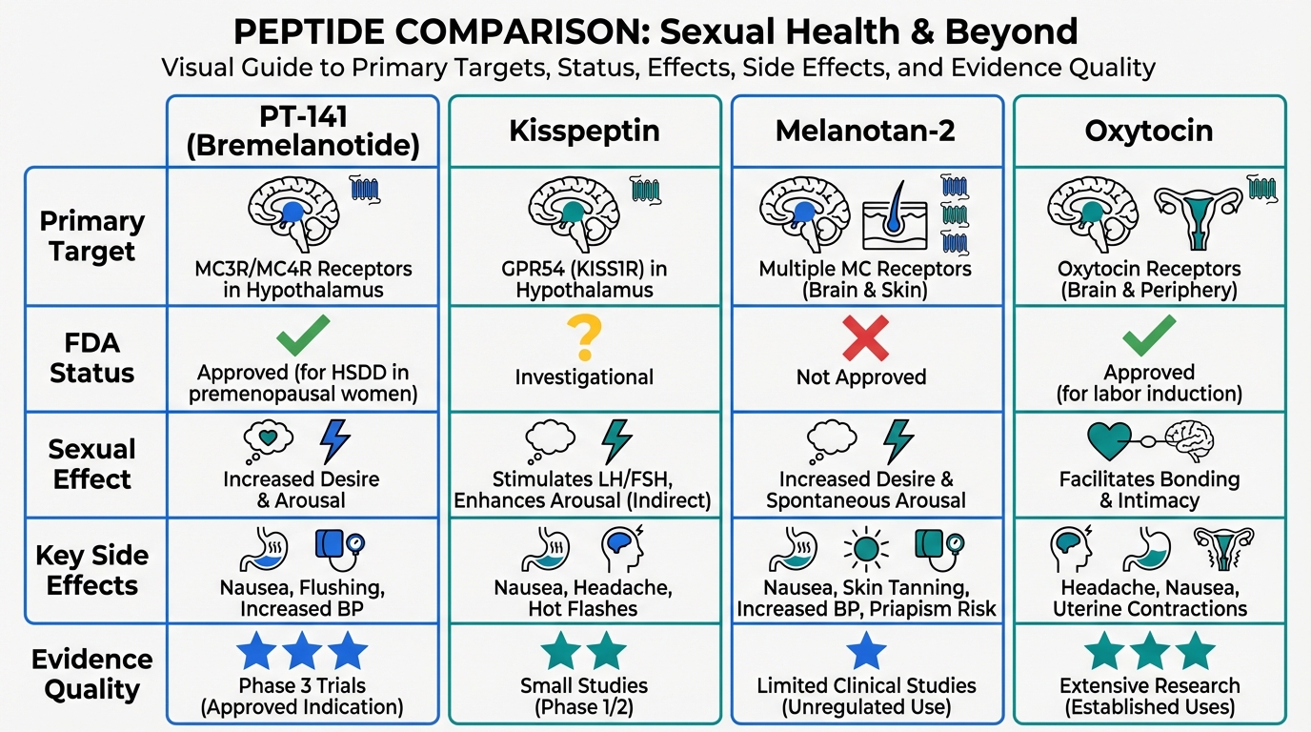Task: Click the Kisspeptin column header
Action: pos(584,131)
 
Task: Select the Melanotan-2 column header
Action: pos(866,131)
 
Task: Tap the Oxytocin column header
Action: pos(1149,131)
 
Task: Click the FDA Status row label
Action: pos(92,357)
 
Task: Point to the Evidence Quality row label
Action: pos(92,674)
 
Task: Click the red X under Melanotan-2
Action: pos(866,338)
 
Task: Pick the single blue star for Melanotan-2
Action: pos(866,653)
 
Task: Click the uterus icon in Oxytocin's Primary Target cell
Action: pos(1198,215)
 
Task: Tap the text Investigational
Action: pos(584,376)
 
